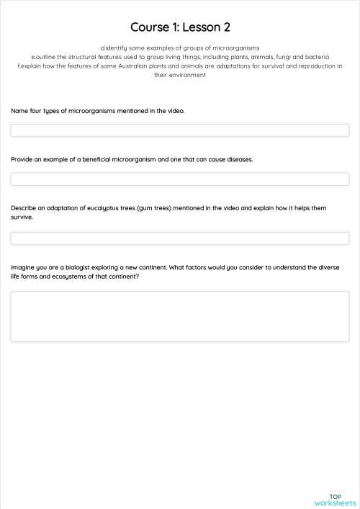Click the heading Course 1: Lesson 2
click(x=180, y=27)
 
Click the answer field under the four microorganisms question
click(x=180, y=130)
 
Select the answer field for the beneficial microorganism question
click(x=180, y=179)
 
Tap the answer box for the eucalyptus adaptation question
click(x=180, y=238)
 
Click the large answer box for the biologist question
click(x=180, y=316)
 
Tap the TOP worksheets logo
click(x=335, y=500)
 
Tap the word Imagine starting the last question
click(x=24, y=267)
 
